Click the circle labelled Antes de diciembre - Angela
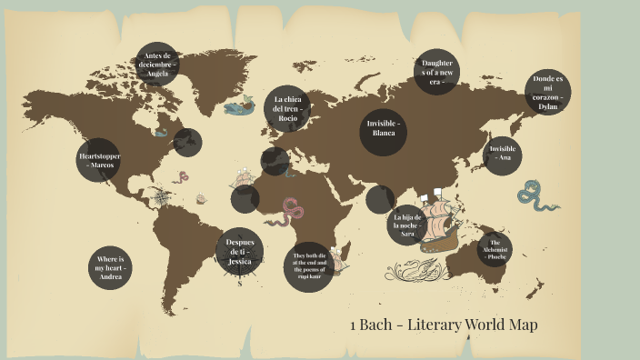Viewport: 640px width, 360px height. [156, 65]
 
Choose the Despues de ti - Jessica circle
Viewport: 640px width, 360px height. [240, 250]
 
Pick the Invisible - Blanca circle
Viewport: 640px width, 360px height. [384, 128]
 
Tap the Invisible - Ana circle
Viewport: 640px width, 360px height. [503, 154]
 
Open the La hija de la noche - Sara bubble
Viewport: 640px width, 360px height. [407, 225]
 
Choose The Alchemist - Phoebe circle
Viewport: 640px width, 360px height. [495, 248]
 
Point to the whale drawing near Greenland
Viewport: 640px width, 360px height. [239, 106]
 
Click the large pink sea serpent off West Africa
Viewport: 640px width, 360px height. [292, 212]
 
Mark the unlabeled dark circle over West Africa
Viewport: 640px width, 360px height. [245, 197]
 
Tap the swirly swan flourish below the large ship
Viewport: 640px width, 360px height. [417, 269]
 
